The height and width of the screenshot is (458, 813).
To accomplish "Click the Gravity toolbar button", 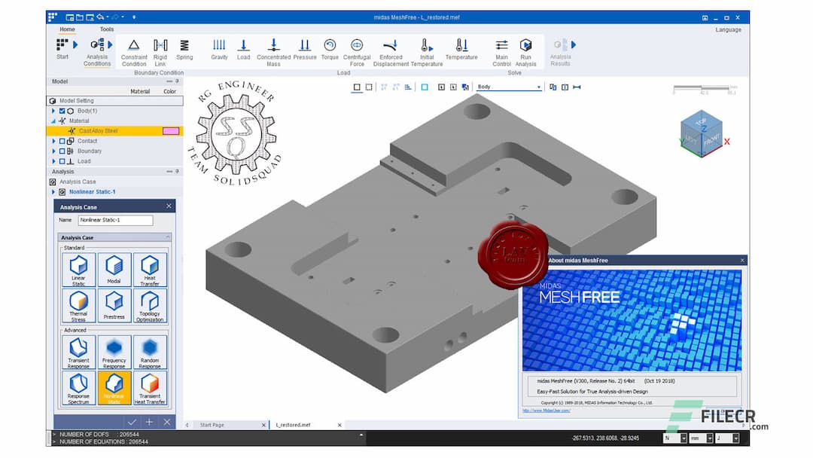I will [x=219, y=49].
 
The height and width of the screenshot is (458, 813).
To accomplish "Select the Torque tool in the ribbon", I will [x=330, y=49].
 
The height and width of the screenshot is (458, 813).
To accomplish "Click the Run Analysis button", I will [x=525, y=49].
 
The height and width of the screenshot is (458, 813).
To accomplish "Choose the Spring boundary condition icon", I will [x=184, y=49].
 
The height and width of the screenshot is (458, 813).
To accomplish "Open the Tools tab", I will [x=107, y=29].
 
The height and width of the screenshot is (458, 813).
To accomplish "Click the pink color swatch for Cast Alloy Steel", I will [x=170, y=131].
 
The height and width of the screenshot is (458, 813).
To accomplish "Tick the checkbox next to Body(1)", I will [x=62, y=111].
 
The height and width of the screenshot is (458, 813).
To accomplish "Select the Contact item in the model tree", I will [x=87, y=141].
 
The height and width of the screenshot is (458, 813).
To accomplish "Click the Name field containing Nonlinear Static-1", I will [x=115, y=221].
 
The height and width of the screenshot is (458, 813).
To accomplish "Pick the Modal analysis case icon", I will [x=114, y=270].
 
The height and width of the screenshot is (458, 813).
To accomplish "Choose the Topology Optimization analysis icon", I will [x=150, y=305].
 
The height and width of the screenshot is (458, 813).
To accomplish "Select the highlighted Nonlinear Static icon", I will [x=114, y=387].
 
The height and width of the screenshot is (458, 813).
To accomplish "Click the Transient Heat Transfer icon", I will [x=150, y=387].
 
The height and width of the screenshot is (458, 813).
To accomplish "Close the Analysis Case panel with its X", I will [x=169, y=206].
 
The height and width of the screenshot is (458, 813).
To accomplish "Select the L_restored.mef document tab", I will [x=294, y=425].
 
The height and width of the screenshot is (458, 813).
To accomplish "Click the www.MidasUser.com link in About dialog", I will [x=546, y=411].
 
